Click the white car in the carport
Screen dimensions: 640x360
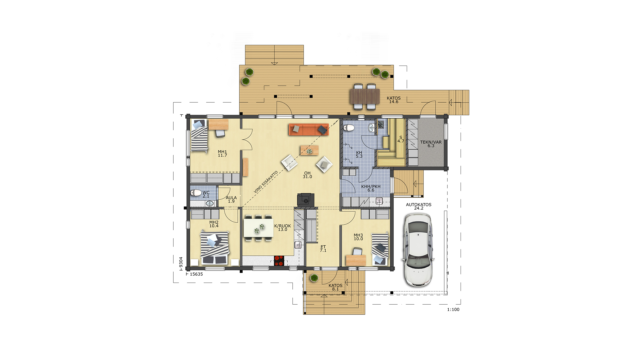(x=418, y=250)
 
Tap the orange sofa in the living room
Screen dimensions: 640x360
(x=309, y=130)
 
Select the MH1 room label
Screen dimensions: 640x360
(x=222, y=152)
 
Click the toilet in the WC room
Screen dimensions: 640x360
(x=196, y=193)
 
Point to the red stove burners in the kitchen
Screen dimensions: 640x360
(x=279, y=261)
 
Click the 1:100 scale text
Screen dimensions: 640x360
(x=453, y=310)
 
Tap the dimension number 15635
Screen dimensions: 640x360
(x=196, y=274)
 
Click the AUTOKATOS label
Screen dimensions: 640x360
(x=419, y=205)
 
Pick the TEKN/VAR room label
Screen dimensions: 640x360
(x=431, y=142)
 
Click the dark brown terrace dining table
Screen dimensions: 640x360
(x=365, y=97)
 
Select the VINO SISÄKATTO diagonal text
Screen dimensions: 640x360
(x=266, y=182)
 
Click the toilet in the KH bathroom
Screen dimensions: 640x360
(x=349, y=128)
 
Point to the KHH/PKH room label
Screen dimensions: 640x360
(x=371, y=187)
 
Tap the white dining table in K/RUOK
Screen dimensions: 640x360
(x=259, y=228)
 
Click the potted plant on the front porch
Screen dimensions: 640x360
(x=314, y=278)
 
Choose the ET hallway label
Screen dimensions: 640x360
(x=323, y=247)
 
